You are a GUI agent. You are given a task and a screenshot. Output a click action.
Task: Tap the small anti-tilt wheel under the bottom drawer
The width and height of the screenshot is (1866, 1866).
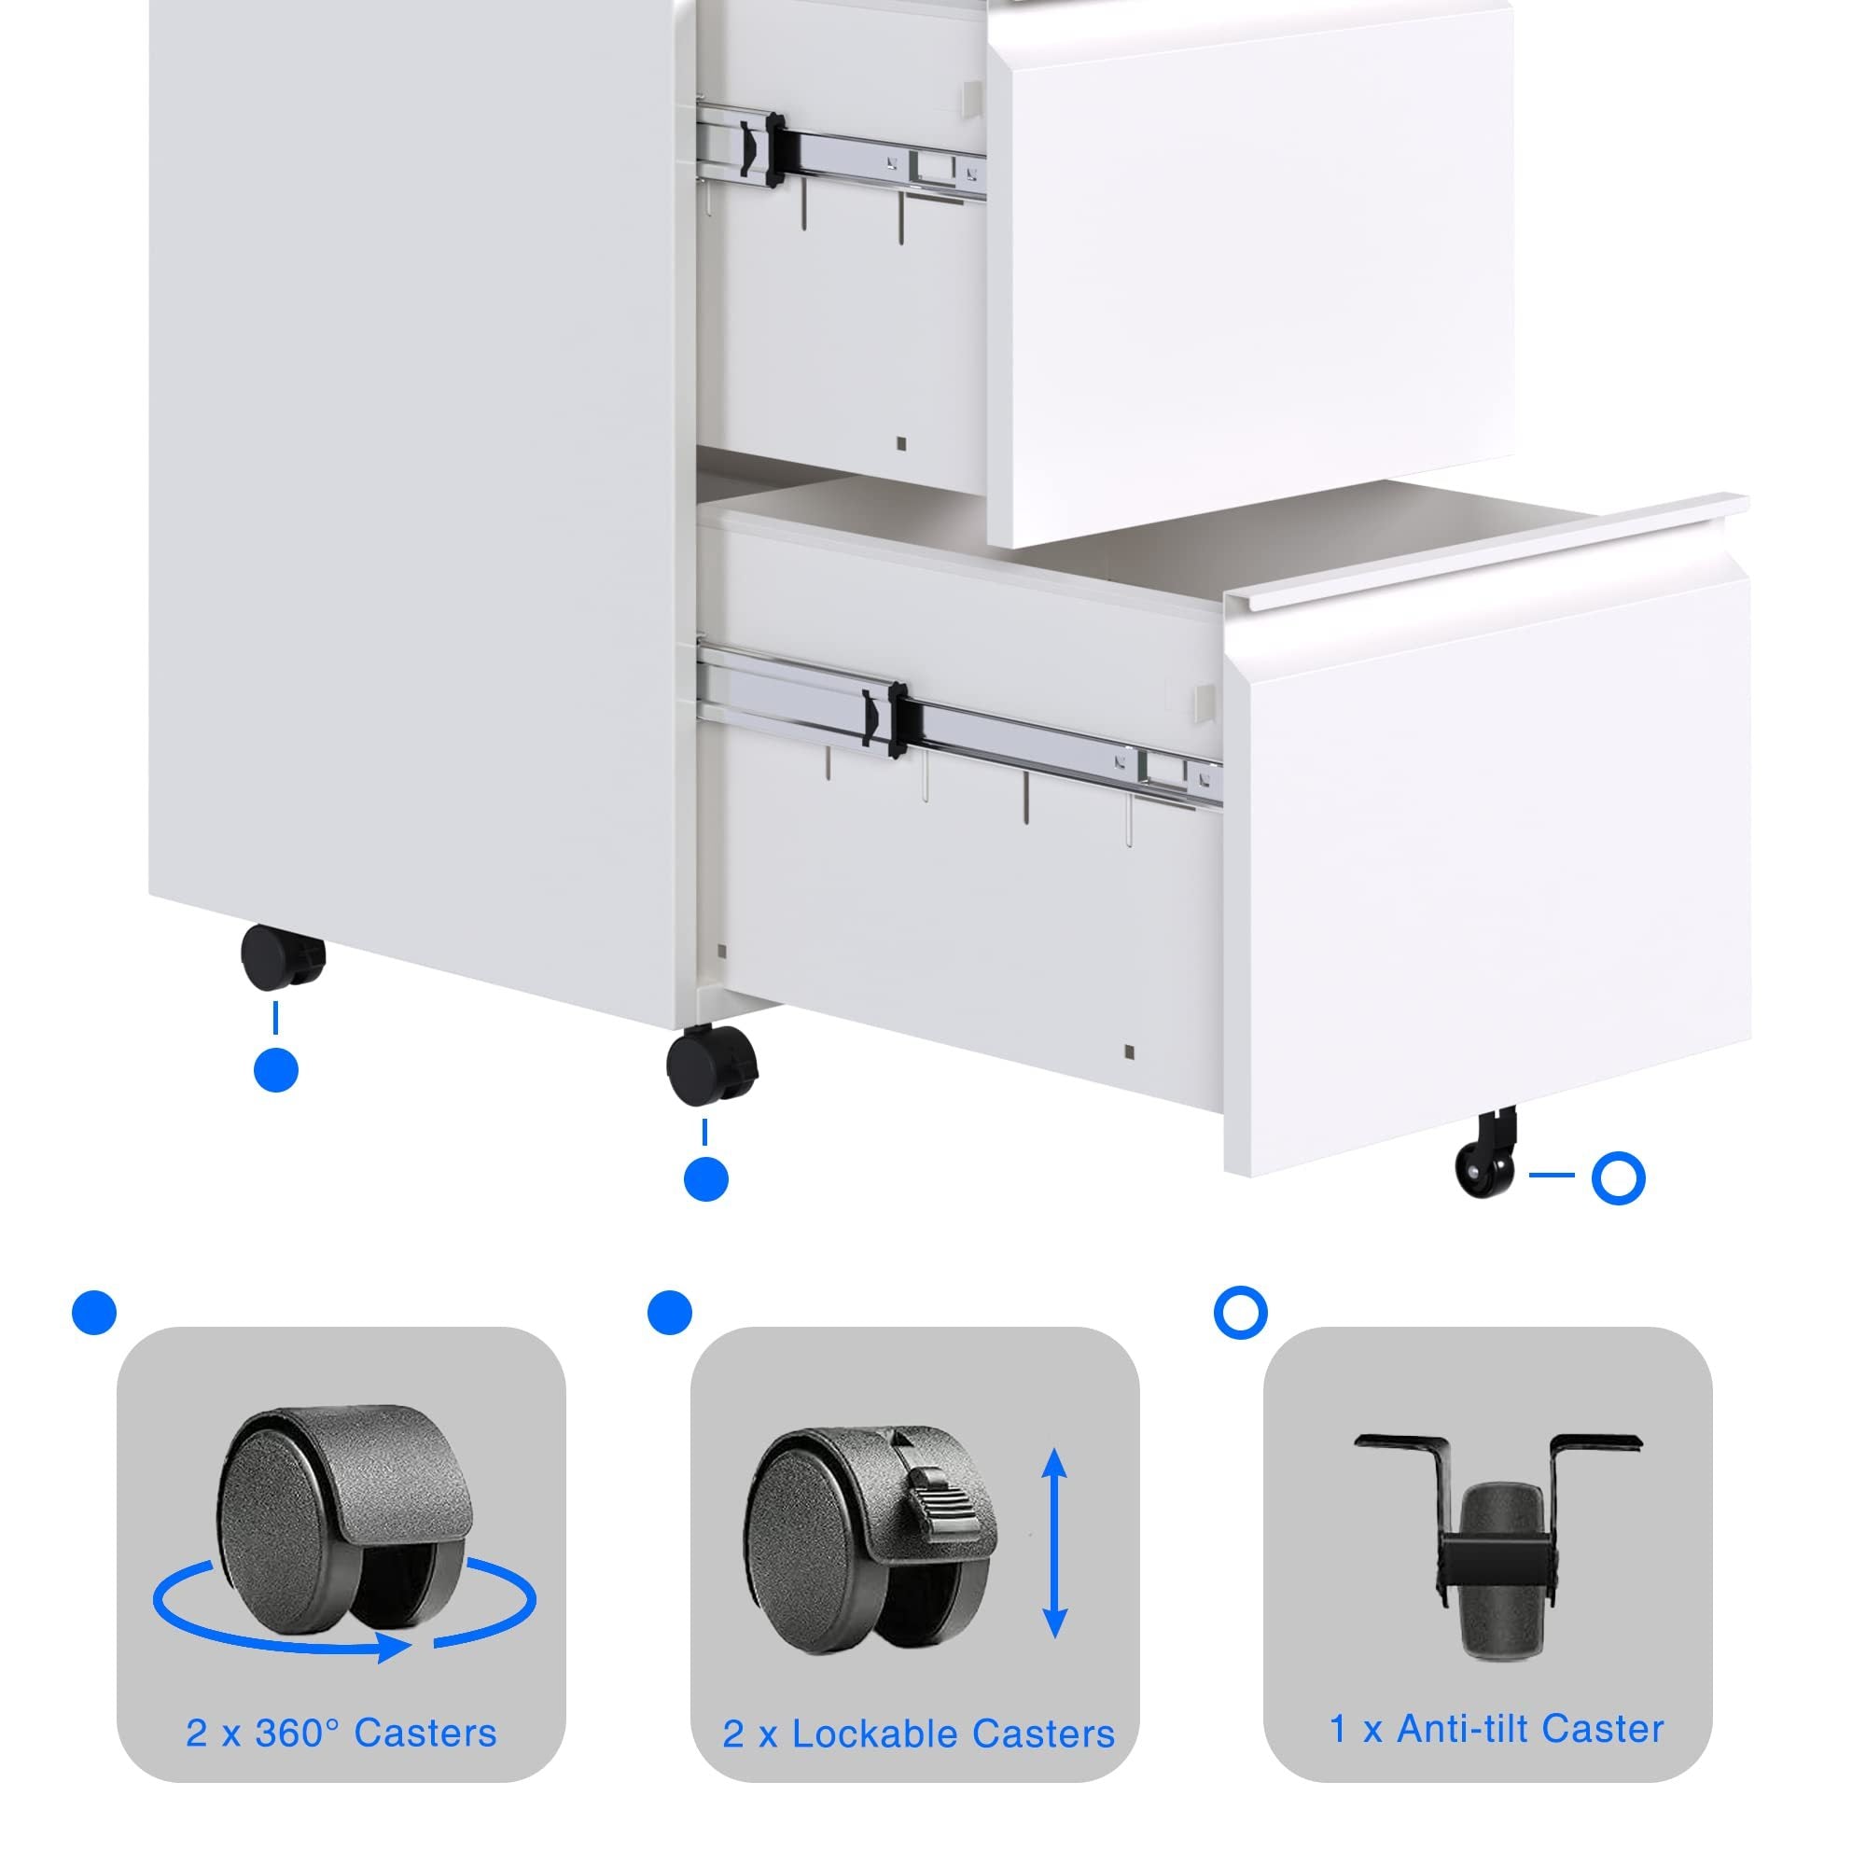1486,1153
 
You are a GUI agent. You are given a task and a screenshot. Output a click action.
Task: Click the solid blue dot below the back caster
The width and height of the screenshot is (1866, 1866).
275,1070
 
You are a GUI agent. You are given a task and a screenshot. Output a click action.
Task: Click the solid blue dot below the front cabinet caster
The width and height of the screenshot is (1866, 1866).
705,1179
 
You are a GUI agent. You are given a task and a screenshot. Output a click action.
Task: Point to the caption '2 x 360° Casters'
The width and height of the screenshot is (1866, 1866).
341,1733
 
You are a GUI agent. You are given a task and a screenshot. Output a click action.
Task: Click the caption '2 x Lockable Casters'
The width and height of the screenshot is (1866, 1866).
918,1734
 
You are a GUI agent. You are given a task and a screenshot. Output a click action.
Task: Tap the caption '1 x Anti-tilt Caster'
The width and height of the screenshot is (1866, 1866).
1497,1728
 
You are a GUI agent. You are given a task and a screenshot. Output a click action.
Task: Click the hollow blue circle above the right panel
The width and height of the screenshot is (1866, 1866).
1240,1313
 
